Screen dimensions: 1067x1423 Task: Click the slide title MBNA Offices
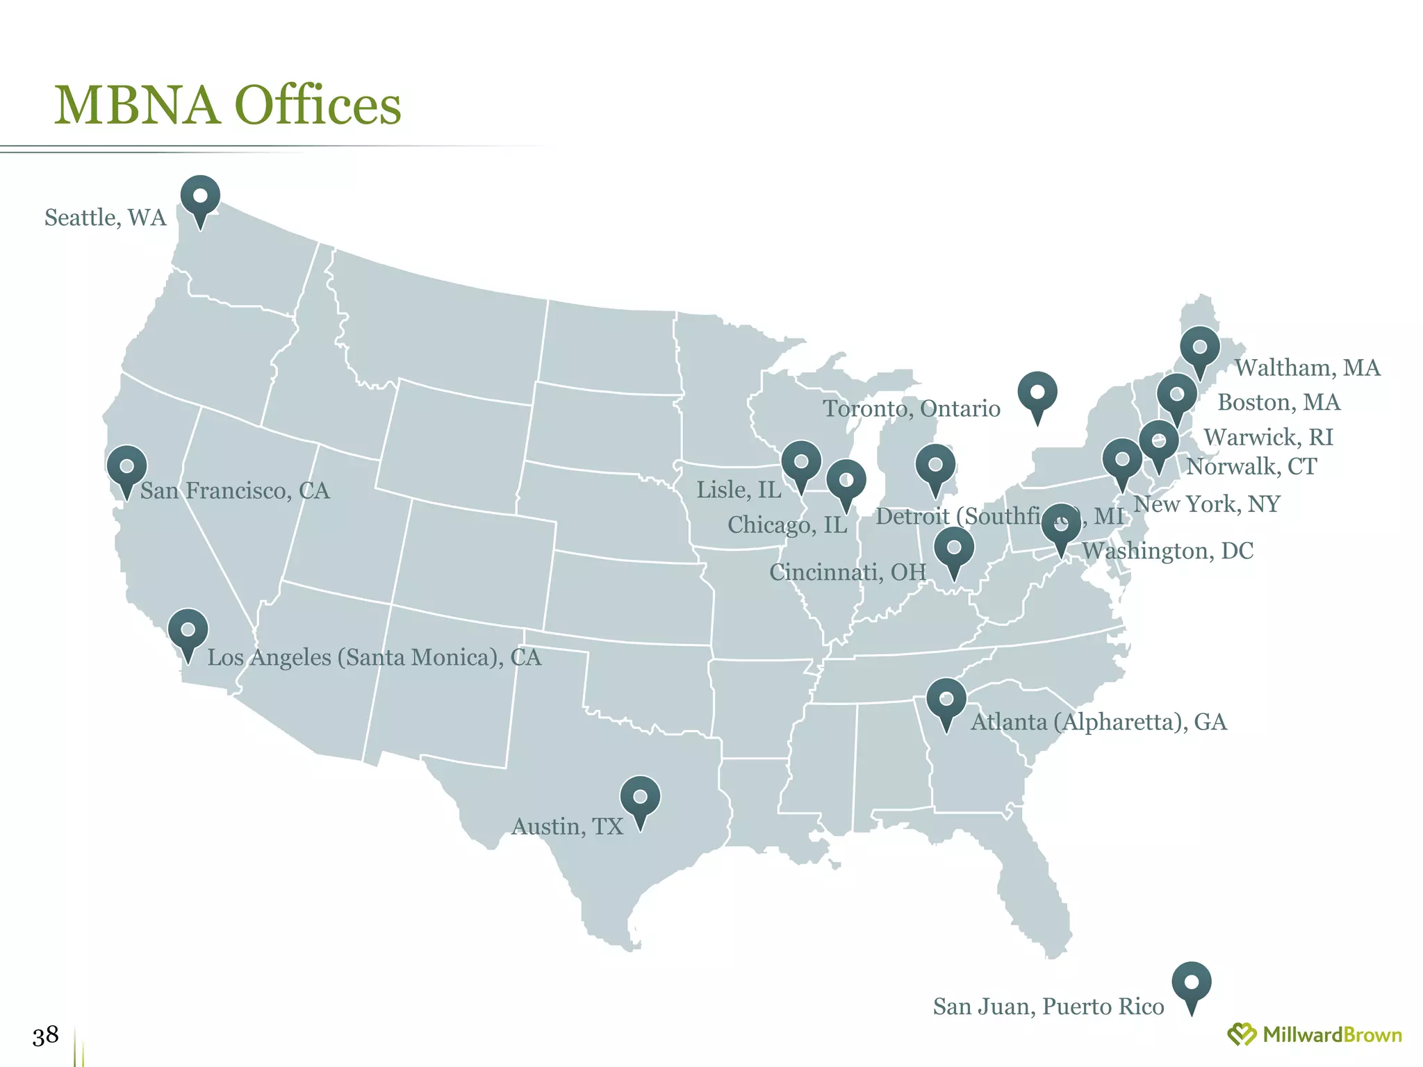click(227, 106)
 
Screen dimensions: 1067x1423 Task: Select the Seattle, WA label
click(106, 217)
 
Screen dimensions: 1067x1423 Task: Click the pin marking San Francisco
click(126, 466)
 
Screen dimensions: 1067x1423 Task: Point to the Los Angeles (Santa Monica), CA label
click(374, 657)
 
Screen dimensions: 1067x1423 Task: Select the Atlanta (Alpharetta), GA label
click(1099, 722)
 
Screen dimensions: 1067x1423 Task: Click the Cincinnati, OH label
click(848, 572)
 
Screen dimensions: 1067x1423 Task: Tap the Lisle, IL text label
click(739, 490)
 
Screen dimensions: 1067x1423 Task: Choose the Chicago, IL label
click(787, 524)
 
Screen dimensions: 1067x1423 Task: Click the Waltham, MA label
click(1307, 367)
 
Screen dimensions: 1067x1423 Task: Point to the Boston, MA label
click(1278, 402)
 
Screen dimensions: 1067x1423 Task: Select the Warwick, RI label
click(1268, 437)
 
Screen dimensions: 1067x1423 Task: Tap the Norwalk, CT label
click(1251, 466)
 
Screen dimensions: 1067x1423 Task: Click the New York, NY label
click(1207, 504)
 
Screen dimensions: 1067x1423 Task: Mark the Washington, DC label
click(1167, 551)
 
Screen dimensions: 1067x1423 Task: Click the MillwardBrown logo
click(1314, 1035)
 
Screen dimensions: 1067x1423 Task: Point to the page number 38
click(45, 1036)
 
